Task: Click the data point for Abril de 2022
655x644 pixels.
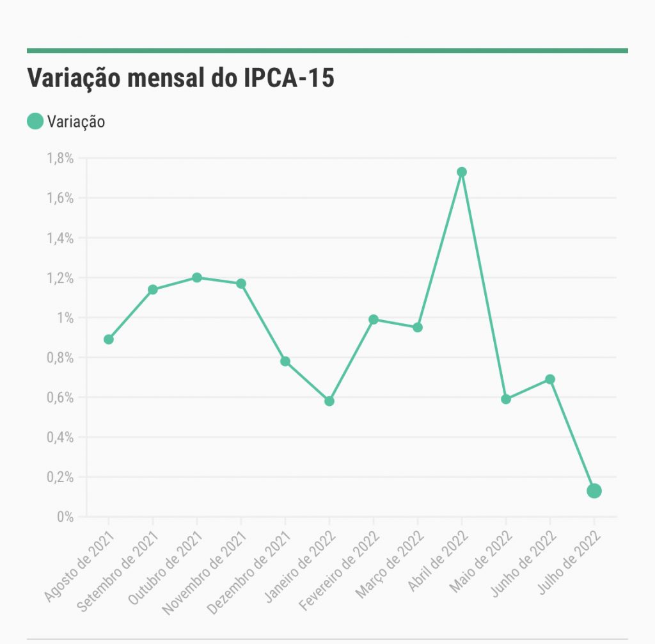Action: (462, 172)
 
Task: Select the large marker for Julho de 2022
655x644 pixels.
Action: (594, 491)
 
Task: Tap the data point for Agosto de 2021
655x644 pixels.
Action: (109, 339)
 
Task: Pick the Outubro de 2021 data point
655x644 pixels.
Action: (197, 278)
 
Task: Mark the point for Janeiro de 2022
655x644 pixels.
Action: (329, 401)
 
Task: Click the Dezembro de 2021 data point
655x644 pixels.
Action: (285, 361)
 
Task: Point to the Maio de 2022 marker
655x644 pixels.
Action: (506, 399)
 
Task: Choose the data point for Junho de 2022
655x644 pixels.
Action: (550, 380)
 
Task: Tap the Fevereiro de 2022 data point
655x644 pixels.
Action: (374, 319)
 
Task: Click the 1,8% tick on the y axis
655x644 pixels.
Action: (60, 158)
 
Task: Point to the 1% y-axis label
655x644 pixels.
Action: (65, 318)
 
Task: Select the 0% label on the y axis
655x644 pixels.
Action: (65, 517)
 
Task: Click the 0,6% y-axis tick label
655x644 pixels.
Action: (60, 398)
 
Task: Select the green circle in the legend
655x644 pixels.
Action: (35, 120)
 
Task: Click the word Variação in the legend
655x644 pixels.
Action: (76, 121)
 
